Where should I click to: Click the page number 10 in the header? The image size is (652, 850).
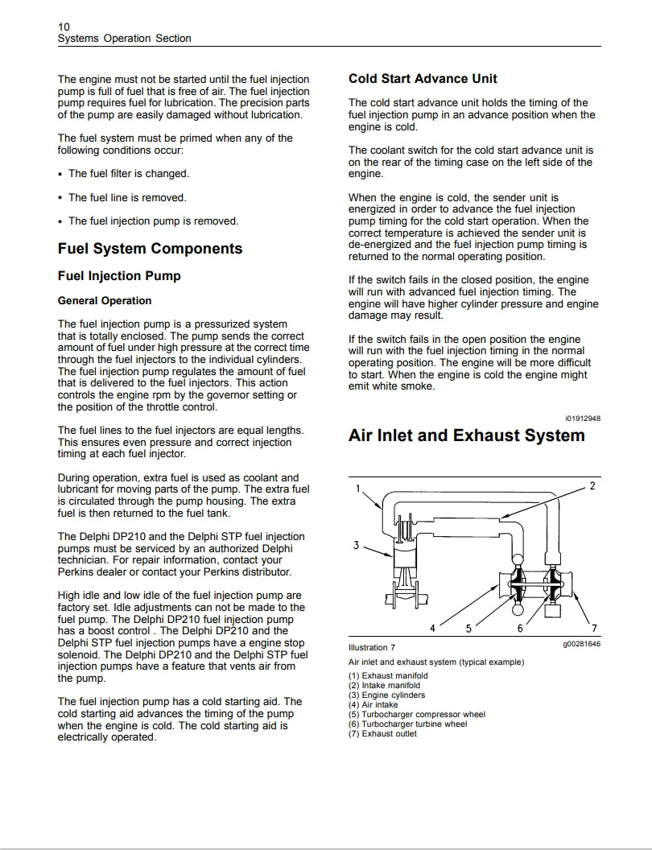click(64, 26)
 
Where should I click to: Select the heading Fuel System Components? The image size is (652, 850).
click(150, 249)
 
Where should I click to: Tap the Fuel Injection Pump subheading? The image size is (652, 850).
click(119, 276)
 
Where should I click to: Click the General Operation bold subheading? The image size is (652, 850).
click(105, 301)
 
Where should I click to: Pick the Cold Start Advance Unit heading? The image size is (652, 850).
click(423, 79)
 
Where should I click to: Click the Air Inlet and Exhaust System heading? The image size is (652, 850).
click(466, 435)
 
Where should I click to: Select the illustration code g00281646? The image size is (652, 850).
click(581, 644)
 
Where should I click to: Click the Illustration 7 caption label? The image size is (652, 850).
click(372, 647)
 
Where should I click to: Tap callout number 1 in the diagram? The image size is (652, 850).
click(358, 488)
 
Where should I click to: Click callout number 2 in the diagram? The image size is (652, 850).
click(592, 485)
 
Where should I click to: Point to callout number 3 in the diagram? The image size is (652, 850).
click(356, 546)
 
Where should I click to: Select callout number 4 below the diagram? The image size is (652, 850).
click(432, 628)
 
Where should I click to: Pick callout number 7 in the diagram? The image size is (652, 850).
click(594, 629)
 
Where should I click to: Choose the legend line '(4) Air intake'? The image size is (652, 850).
click(373, 705)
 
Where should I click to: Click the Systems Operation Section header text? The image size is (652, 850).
click(125, 39)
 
